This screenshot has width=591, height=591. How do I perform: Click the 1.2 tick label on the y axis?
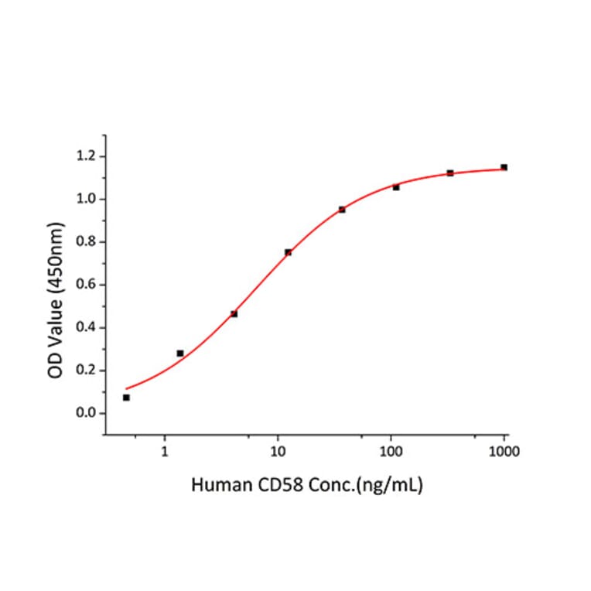85,157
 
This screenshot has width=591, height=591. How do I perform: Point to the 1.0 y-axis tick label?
85,200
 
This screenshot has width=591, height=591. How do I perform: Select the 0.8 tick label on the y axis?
85,242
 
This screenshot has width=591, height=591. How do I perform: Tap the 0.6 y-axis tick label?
85,285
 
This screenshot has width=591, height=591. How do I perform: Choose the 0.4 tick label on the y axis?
85,327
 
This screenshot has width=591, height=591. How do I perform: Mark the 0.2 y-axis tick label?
85,371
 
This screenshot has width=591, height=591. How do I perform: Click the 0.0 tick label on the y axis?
85,413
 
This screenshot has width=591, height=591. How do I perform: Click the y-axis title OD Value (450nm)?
56,300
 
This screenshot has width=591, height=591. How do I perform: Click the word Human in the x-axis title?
217,487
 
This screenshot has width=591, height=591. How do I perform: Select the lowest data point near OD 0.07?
126,398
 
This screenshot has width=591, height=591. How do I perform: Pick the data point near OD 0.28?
180,354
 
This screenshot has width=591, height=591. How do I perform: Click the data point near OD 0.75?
288,252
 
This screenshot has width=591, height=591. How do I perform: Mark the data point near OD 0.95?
342,210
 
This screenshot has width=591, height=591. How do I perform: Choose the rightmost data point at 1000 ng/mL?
504,167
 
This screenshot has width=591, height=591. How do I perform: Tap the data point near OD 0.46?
234,314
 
